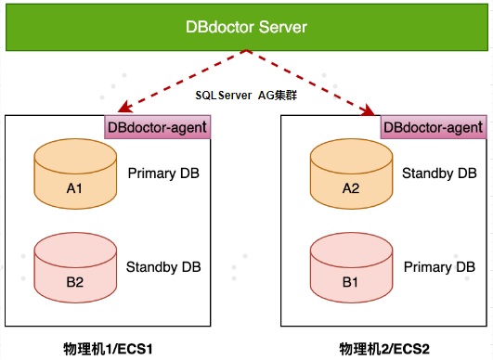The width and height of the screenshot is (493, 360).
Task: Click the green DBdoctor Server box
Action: tap(247, 27)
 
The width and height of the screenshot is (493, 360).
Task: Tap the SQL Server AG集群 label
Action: tap(246, 96)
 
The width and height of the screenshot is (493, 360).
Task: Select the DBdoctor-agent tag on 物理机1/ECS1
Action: tap(158, 127)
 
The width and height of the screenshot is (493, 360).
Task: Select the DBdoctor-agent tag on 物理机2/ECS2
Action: tap(434, 127)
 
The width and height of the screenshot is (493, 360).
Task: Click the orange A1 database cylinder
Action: tap(75, 174)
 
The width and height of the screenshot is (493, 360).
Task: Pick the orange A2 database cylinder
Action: tap(352, 174)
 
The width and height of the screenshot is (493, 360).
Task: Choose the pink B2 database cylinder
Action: tap(75, 267)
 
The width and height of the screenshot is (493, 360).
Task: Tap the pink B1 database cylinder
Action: tap(352, 267)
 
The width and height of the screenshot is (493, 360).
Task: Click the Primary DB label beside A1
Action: tap(163, 174)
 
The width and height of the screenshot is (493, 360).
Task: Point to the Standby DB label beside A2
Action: tap(439, 174)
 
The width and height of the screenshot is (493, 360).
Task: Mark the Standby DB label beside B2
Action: tap(163, 267)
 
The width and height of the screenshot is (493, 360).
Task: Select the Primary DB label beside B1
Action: tap(439, 267)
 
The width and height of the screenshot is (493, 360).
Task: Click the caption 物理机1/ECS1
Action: tap(108, 349)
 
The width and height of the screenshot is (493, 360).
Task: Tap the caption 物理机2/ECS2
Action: tap(384, 349)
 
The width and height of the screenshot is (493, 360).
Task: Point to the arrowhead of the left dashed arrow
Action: tap(123, 108)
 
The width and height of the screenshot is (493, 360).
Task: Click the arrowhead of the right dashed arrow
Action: tap(369, 109)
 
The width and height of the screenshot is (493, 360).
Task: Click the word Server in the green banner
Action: tap(283, 27)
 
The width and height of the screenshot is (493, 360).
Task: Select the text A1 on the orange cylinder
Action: tap(74, 188)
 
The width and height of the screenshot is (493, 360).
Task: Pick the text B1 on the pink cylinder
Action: tap(350, 282)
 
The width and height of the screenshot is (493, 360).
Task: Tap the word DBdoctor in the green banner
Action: tap(220, 27)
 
